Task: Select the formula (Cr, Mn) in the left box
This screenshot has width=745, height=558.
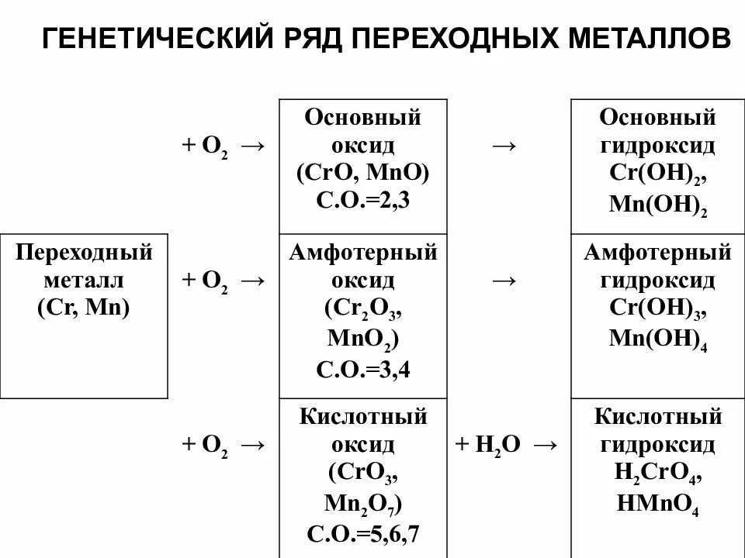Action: (x=84, y=306)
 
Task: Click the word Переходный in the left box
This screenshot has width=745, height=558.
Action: (x=84, y=253)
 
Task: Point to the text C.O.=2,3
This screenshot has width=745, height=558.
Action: (x=362, y=199)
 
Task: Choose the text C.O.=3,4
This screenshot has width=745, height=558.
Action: (x=362, y=369)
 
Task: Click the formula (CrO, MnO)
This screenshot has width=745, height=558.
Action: (x=362, y=172)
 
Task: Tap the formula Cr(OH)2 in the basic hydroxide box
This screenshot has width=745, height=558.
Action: (x=657, y=174)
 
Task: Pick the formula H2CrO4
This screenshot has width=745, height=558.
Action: (x=657, y=474)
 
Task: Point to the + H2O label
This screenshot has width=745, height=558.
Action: (x=487, y=445)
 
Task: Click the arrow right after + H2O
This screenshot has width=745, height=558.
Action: (x=545, y=445)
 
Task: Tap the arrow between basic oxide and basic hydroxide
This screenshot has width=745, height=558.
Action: (x=505, y=145)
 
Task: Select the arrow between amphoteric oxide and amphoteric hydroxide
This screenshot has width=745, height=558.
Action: (x=505, y=280)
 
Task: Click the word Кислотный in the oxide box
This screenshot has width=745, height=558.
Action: (x=363, y=418)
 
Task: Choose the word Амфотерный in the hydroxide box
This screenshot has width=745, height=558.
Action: (x=657, y=253)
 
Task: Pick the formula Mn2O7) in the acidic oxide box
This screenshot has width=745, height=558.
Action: (x=362, y=505)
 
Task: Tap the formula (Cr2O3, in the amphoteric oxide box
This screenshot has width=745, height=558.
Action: (x=362, y=308)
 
